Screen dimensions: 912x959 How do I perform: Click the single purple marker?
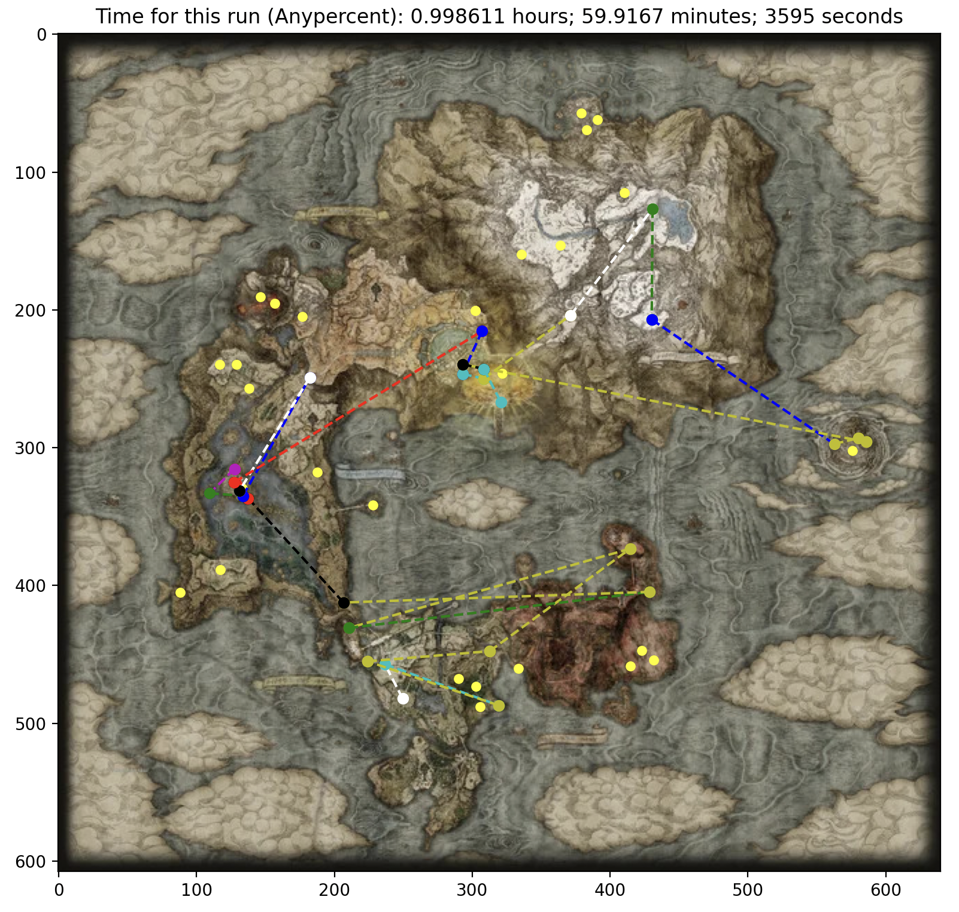pyautogui.click(x=235, y=470)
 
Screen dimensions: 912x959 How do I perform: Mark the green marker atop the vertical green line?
pyautogui.click(x=653, y=209)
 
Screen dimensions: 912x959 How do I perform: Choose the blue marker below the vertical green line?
pyautogui.click(x=652, y=320)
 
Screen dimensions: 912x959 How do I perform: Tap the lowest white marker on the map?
pyautogui.click(x=403, y=698)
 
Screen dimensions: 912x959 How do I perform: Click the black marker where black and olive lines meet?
pyautogui.click(x=344, y=603)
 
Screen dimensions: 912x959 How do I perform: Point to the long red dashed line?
pyautogui.click(x=359, y=407)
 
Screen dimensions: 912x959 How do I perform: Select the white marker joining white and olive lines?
pyautogui.click(x=570, y=315)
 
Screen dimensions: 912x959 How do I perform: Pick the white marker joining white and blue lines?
pyautogui.click(x=310, y=378)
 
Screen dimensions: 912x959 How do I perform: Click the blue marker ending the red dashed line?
pyautogui.click(x=482, y=331)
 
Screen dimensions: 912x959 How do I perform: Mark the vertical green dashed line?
pyautogui.click(x=652, y=263)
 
